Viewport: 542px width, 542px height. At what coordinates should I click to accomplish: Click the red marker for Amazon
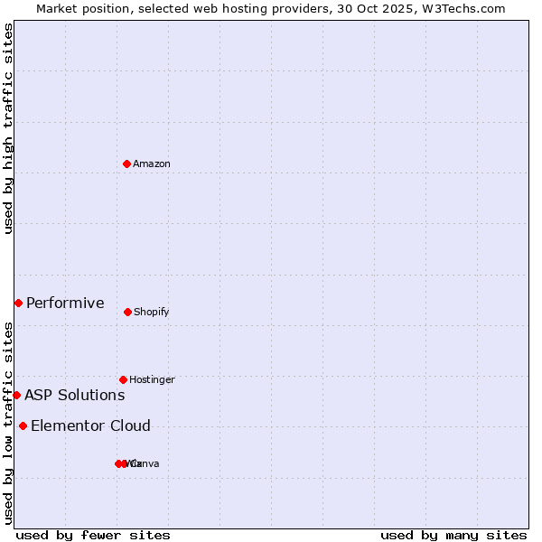(x=127, y=164)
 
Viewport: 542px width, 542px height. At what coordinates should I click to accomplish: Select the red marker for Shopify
(x=127, y=312)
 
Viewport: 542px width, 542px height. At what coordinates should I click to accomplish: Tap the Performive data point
(x=18, y=303)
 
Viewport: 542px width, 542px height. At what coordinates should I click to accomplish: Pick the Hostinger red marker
(x=123, y=379)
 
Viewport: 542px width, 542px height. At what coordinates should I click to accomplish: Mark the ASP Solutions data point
(x=16, y=395)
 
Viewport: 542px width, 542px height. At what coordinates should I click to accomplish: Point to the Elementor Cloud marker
(x=23, y=425)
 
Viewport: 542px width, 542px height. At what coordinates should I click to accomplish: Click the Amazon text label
(x=152, y=164)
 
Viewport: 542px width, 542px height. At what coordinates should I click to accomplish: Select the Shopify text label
(x=152, y=313)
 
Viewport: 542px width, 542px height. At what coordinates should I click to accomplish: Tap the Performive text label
(x=65, y=304)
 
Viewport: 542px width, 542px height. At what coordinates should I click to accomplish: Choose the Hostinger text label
(x=152, y=380)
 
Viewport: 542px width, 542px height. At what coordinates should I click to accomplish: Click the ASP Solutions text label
(x=74, y=396)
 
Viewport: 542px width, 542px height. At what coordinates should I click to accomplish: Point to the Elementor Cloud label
(x=90, y=426)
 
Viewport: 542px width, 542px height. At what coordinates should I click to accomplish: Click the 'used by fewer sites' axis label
(x=93, y=535)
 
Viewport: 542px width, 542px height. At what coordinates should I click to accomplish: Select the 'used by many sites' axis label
(x=453, y=535)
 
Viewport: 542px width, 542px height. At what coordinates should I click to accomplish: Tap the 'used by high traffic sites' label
(x=9, y=128)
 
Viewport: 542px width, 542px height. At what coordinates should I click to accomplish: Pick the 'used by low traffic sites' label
(x=9, y=423)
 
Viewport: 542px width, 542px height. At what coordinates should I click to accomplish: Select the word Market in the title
(x=56, y=8)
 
